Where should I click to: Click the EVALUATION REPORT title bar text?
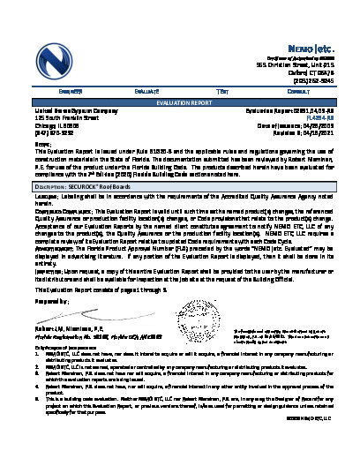pyautogui.click(x=179, y=102)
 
